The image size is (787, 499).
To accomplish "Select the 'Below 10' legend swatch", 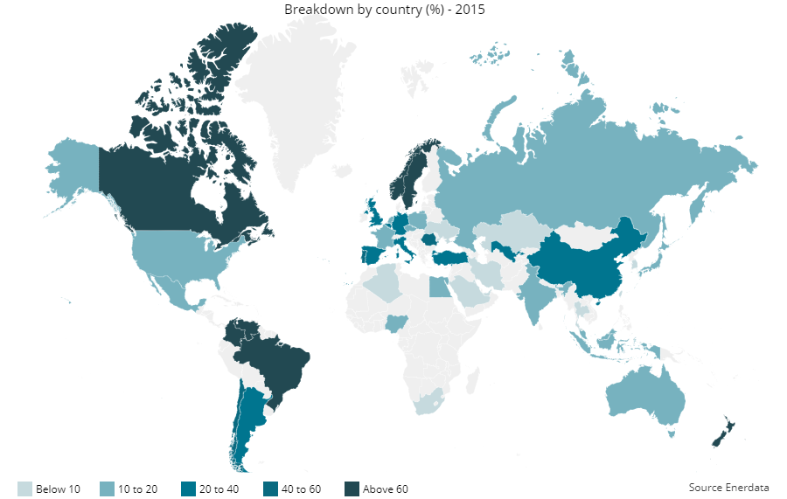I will pos(24,489).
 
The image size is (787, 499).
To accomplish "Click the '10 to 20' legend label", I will pos(137,489).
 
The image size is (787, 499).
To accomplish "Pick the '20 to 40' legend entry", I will pos(209,489).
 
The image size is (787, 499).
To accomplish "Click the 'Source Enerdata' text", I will pos(728,487).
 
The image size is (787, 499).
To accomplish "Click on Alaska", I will pos(74,166).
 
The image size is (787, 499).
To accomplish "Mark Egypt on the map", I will pos(438,287).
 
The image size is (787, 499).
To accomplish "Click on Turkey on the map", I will pos(454,257).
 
